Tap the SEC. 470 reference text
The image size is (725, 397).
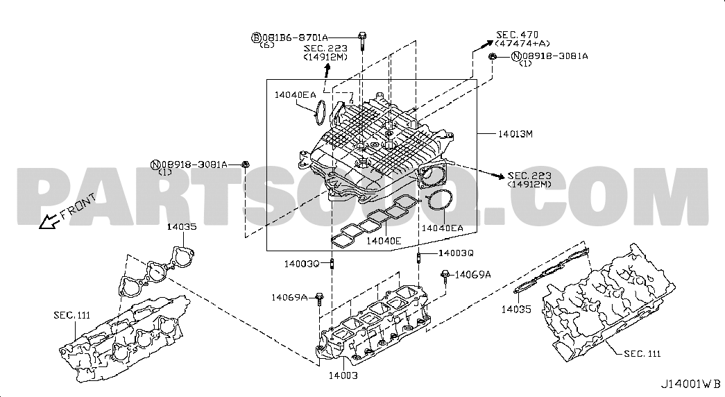(x=517, y=34)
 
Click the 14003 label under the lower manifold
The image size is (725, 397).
(x=343, y=375)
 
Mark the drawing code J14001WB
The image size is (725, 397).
(x=690, y=383)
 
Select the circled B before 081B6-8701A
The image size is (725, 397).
(x=255, y=37)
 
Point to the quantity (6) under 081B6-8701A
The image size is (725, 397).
(x=267, y=45)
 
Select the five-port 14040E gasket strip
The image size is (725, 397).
(x=375, y=220)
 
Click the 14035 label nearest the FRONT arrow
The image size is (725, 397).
(x=181, y=226)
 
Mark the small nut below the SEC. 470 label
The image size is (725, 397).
(x=492, y=56)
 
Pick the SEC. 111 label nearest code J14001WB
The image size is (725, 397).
(x=641, y=355)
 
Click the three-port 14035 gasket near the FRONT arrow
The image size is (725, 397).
(x=156, y=272)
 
